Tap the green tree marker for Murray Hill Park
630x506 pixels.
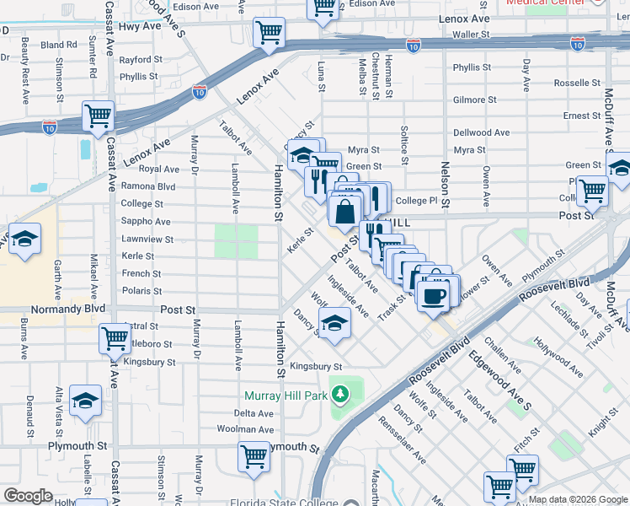click(339, 394)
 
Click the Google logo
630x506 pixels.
click(28, 495)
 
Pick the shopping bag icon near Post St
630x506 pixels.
click(345, 210)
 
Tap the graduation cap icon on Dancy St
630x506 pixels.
click(334, 323)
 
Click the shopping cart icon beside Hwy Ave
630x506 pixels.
click(269, 33)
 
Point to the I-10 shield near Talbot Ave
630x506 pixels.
click(200, 90)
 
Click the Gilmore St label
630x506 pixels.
click(469, 100)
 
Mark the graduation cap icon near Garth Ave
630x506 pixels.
click(25, 239)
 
